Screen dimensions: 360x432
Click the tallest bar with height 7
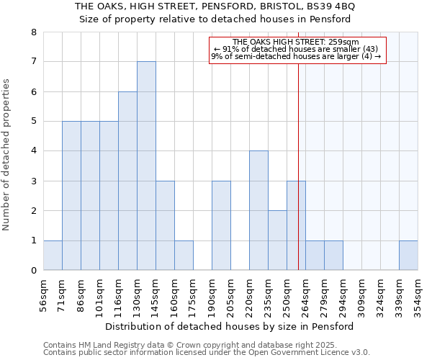pyautogui.click(x=146, y=166)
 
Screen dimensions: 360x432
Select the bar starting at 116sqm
pyautogui.click(x=127, y=181)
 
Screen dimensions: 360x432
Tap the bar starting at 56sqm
pyautogui.click(x=53, y=256)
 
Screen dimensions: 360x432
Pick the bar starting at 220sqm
pyautogui.click(x=258, y=210)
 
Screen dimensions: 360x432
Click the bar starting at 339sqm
pyautogui.click(x=408, y=256)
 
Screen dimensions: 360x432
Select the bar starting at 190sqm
pyautogui.click(x=221, y=225)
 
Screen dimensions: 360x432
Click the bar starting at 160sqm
pyautogui.click(x=184, y=256)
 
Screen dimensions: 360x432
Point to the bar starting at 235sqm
pyautogui.click(x=277, y=240)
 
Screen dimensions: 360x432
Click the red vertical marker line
pyautogui.click(x=298, y=166)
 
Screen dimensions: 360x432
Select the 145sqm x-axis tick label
pyautogui.click(x=156, y=295)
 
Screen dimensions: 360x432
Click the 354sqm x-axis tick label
pyautogui.click(x=418, y=295)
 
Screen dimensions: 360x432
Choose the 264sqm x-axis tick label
pyautogui.click(x=305, y=295)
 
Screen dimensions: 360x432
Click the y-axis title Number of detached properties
pyautogui.click(x=7, y=155)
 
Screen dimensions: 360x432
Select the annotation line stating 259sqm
pyautogui.click(x=297, y=42)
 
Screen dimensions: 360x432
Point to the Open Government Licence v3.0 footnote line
pyautogui.click(x=207, y=353)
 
